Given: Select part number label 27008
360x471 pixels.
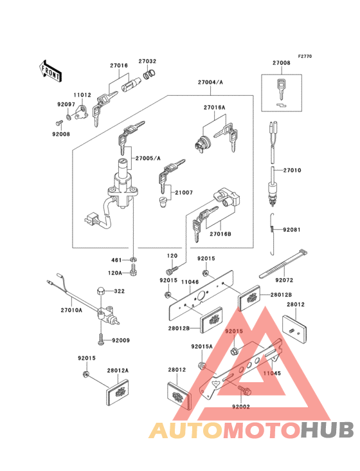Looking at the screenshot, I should (x=281, y=64).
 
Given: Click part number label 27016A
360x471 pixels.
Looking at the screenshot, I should (x=215, y=108).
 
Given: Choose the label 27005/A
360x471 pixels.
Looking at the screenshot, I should (x=149, y=158).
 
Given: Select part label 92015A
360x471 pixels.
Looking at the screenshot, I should (x=201, y=346).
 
